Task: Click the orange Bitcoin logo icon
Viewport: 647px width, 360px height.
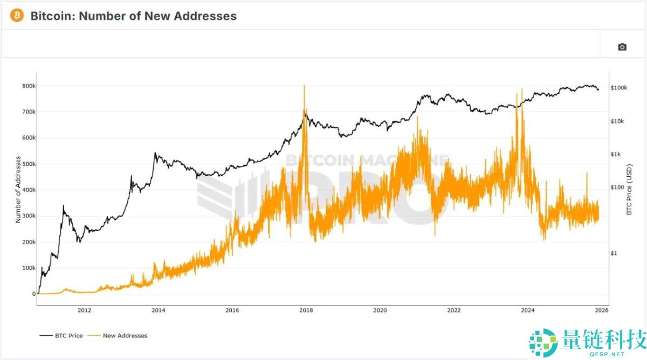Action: pyautogui.click(x=17, y=16)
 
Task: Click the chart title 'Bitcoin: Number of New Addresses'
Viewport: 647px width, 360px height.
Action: pyautogui.click(x=133, y=16)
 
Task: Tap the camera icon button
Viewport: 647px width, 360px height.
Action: pyautogui.click(x=622, y=47)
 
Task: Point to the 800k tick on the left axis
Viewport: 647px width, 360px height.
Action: pyautogui.click(x=29, y=86)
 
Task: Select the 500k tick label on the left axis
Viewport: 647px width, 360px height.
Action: pyautogui.click(x=29, y=164)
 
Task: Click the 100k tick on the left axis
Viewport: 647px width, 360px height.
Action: pyautogui.click(x=29, y=268)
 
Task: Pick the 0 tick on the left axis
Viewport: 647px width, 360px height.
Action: pyautogui.click(x=33, y=294)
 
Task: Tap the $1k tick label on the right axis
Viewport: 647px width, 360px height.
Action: pyautogui.click(x=616, y=154)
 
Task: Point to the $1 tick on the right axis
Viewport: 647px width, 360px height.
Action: pyautogui.click(x=614, y=253)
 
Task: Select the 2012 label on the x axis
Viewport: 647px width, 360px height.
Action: pyautogui.click(x=84, y=310)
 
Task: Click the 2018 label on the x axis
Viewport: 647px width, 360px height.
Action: pyautogui.click(x=306, y=310)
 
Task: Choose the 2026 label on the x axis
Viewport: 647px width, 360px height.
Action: pyautogui.click(x=601, y=310)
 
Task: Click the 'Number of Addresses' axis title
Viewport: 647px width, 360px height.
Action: pyautogui.click(x=18, y=189)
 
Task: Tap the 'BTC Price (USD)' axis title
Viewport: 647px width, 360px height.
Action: pyautogui.click(x=629, y=190)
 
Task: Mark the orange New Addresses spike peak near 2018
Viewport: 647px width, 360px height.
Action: pyautogui.click(x=305, y=86)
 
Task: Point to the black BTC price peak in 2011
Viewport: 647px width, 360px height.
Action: pyautogui.click(x=64, y=205)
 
